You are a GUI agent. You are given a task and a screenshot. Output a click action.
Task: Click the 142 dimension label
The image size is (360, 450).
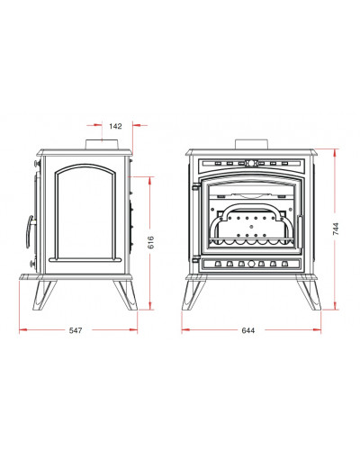pyautogui.click(x=115, y=126)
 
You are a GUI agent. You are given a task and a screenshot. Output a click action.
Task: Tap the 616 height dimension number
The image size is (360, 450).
pyautogui.click(x=151, y=242)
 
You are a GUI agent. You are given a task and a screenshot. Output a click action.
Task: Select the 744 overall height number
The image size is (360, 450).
pyautogui.click(x=336, y=229)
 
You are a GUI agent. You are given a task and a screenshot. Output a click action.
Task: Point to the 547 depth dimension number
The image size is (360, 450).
pyautogui.click(x=76, y=330)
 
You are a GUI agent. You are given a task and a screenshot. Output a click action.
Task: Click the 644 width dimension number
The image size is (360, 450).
pyautogui.click(x=248, y=330)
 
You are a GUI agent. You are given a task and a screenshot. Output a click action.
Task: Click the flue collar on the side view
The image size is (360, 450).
pyautogui.click(x=103, y=144)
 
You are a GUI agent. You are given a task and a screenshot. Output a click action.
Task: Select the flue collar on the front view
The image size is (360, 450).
pyautogui.click(x=251, y=144)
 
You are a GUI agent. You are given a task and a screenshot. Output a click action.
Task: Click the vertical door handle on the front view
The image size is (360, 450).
pyautogui.click(x=300, y=231)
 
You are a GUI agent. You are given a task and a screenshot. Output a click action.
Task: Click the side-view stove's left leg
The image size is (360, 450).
pyautogui.click(x=44, y=295)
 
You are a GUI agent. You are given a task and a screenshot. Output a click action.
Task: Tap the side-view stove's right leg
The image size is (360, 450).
pyautogui.click(x=126, y=295)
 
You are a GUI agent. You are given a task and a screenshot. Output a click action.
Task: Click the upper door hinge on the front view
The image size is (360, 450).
pyautogui.click(x=196, y=186)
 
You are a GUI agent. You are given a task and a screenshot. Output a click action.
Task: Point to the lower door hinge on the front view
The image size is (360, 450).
pyautogui.click(x=196, y=258)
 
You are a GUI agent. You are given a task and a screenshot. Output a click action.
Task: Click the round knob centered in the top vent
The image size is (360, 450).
pyautogui.click(x=251, y=164)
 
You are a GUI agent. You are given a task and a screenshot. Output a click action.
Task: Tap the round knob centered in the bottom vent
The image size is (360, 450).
pyautogui.click(x=251, y=264)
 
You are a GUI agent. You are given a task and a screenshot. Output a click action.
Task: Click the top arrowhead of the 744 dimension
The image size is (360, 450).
pyautogui.click(x=335, y=153)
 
